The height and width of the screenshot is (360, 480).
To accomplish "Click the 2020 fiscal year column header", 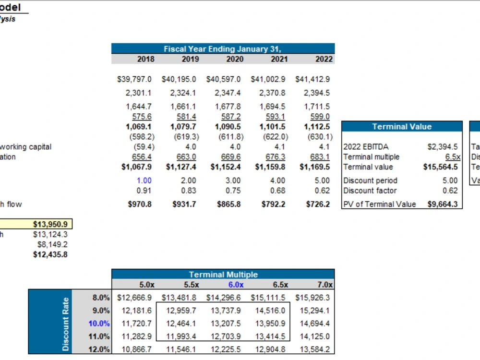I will [x=234, y=59].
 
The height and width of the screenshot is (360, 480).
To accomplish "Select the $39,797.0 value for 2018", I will [x=134, y=79].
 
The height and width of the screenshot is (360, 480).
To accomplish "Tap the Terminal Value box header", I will [x=402, y=127].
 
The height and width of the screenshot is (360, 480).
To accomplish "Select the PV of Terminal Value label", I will [x=380, y=204].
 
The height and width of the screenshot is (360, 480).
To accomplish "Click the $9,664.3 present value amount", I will [x=443, y=204].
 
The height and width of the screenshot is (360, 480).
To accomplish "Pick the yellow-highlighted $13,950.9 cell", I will [x=50, y=224].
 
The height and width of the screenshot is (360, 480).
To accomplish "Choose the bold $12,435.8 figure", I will [x=50, y=254].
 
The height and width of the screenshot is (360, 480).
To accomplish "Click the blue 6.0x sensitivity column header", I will [x=235, y=285].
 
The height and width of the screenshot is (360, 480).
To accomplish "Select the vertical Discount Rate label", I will [x=66, y=324].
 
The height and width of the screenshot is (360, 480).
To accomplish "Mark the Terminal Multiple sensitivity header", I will [x=223, y=275].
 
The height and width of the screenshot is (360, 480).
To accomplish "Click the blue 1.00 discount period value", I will [x=144, y=180].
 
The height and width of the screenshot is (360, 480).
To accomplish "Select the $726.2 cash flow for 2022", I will [x=318, y=204].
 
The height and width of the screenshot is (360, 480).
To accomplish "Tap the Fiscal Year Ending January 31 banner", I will [x=223, y=49].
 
